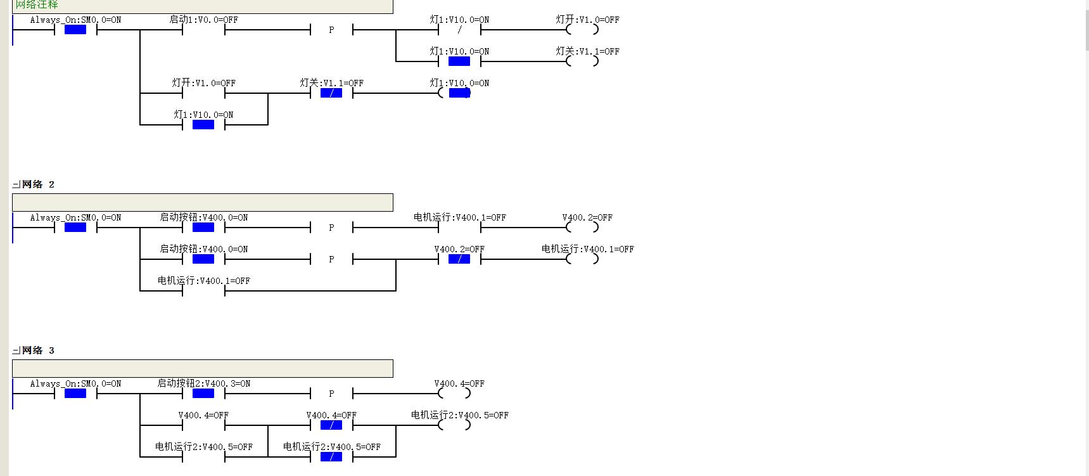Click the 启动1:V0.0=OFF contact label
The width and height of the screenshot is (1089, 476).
click(203, 20)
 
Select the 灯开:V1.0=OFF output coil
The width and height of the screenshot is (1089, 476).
click(582, 30)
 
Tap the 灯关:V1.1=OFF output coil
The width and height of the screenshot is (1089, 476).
click(582, 61)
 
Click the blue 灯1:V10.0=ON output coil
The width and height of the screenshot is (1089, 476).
click(459, 93)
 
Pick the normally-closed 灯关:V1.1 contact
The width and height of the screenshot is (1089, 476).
click(331, 93)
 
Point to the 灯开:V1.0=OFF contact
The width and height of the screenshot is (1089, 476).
click(203, 93)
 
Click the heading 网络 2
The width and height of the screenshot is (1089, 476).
click(38, 184)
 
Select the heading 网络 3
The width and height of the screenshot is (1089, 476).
click(38, 351)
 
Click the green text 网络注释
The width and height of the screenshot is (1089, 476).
click(37, 4)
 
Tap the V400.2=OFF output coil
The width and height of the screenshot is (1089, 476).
click(582, 228)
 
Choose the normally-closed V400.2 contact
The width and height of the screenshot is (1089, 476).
click(459, 259)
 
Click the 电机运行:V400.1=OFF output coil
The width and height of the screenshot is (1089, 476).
click(582, 259)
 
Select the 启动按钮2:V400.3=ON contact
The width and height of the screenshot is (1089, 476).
click(203, 394)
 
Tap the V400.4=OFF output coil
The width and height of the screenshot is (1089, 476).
click(454, 394)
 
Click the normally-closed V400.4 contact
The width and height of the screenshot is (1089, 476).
click(331, 425)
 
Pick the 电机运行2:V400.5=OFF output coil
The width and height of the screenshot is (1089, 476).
click(454, 425)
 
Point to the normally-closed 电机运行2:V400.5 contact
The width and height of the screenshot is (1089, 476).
click(331, 457)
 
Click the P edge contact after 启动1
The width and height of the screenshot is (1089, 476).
click(331, 30)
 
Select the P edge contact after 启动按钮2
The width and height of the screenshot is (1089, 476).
click(331, 394)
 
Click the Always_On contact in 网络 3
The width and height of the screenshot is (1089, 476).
click(75, 394)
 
